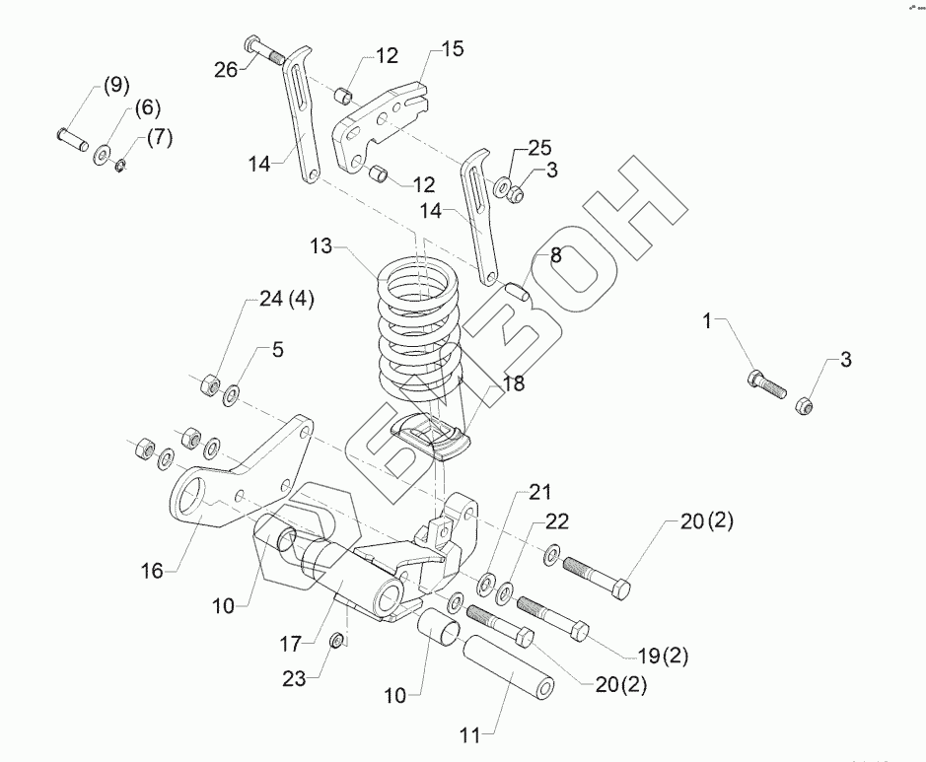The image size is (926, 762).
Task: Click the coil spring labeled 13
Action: point(418,320)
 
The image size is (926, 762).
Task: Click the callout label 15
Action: point(452,49)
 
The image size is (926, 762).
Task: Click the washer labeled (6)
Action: point(103,154)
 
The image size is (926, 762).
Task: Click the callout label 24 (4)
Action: point(286,301)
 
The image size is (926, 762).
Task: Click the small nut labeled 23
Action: point(336,642)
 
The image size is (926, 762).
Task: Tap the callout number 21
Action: point(539,490)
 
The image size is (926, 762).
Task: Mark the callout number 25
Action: point(537,148)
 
